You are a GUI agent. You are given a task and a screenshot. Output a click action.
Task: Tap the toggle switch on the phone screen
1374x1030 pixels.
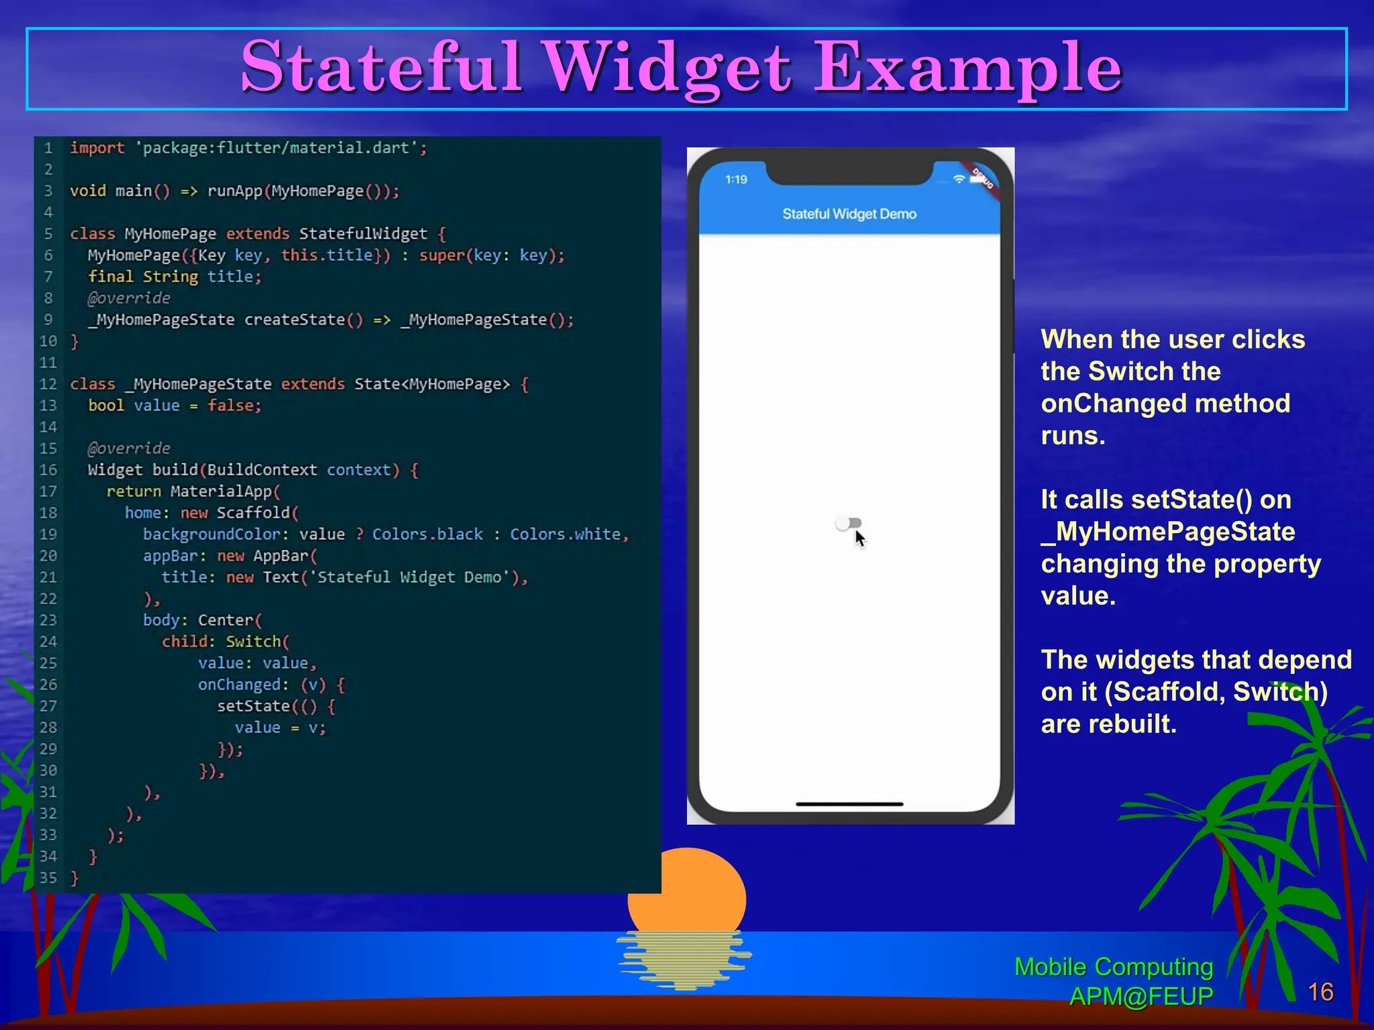pos(849,523)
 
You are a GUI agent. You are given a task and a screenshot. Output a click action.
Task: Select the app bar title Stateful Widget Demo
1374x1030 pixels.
pos(849,214)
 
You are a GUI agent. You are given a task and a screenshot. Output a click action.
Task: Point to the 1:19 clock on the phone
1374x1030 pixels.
pos(736,180)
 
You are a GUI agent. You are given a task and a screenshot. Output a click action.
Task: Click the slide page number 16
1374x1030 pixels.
pos(1320,992)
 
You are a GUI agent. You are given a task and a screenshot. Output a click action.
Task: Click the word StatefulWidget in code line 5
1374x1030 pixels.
pos(363,233)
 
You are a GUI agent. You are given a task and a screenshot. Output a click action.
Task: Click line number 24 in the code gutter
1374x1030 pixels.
pos(48,642)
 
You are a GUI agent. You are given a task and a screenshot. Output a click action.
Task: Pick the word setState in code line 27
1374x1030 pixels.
pos(253,706)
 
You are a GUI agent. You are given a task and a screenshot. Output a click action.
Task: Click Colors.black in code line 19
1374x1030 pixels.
pos(427,534)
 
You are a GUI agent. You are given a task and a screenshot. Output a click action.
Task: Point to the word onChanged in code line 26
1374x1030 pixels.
pos(239,685)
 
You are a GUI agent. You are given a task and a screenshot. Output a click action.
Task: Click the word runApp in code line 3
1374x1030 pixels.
pos(235,191)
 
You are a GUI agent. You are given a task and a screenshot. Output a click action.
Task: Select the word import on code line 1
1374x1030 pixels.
pos(97,148)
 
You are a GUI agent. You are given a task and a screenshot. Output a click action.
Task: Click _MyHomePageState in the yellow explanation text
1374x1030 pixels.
pos(1168,532)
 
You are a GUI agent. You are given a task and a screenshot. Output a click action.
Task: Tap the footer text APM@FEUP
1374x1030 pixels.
pos(1141,996)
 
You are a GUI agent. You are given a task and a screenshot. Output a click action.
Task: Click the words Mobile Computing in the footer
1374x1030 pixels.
pos(1114,967)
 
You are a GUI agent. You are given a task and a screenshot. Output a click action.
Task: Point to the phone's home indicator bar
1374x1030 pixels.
pos(849,803)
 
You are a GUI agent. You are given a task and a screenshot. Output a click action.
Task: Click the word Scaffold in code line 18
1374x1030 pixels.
pos(254,513)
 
